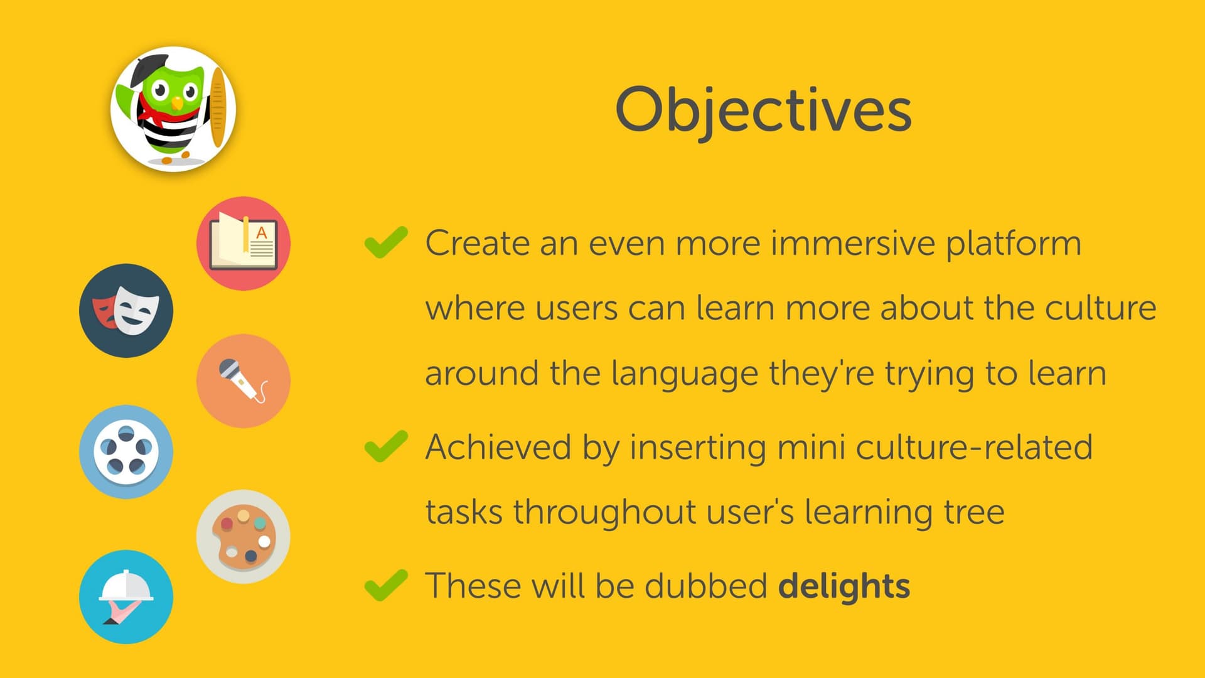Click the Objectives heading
763,110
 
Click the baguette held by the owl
218,107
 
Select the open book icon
244,244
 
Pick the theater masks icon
126,311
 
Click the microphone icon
244,381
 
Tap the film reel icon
126,452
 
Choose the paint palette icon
244,537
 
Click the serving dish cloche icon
126,597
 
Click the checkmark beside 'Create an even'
386,242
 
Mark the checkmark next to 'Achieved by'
386,446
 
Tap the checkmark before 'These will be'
386,585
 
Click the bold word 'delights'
844,586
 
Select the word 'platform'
1014,244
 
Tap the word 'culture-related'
974,448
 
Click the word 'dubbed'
706,586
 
